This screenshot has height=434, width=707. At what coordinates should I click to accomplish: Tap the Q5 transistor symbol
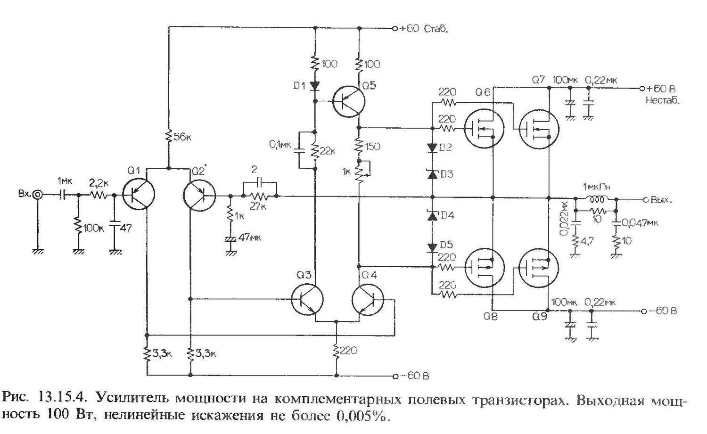(349, 100)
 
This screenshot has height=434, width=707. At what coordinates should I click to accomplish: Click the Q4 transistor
(368, 300)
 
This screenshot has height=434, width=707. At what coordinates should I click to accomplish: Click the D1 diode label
(300, 86)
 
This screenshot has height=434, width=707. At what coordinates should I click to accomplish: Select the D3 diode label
(445, 174)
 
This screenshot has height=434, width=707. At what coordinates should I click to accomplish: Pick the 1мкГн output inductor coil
(597, 198)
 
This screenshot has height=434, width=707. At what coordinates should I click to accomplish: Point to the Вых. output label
(660, 199)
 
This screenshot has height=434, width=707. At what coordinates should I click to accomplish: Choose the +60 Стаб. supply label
(423, 28)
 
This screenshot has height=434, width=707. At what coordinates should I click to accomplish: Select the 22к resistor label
(328, 151)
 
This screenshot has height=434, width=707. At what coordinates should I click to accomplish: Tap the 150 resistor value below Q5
(372, 147)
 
